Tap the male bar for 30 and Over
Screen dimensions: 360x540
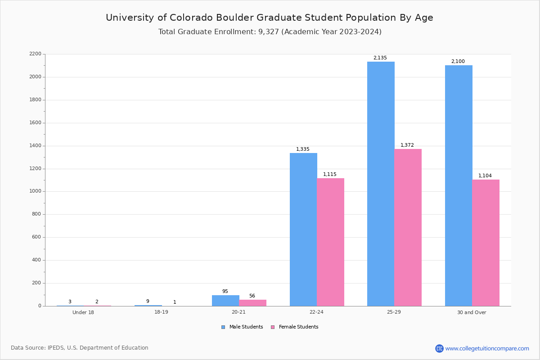[459, 185]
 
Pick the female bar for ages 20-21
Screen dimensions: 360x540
[252, 303]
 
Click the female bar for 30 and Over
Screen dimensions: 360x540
[486, 243]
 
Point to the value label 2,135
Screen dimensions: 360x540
[380, 58]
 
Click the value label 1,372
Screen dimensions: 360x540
[407, 145]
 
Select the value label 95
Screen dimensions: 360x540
[225, 292]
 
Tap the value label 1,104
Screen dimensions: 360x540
[485, 176]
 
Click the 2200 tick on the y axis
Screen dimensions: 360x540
[35, 54]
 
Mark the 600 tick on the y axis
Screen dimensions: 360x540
[36, 237]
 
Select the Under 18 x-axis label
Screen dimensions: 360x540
[83, 313]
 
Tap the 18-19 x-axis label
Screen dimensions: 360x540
[161, 312]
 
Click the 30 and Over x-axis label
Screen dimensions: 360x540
[472, 313]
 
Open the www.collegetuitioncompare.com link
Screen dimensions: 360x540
[487, 348]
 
